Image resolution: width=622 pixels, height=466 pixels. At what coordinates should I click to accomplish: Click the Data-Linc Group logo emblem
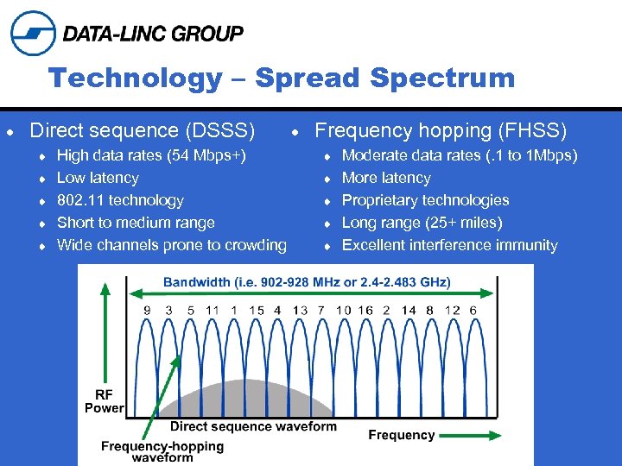33,34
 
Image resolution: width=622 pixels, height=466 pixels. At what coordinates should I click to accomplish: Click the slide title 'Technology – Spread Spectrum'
282,79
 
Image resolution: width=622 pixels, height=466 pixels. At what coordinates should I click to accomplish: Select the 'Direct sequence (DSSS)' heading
142,130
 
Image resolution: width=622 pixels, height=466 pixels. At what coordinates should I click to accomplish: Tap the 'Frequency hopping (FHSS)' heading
441,130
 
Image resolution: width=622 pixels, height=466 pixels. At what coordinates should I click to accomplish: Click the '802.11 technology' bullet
120,200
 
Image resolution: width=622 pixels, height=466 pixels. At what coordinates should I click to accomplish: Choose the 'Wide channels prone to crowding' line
171,245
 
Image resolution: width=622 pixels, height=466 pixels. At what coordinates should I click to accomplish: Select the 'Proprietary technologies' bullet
425,200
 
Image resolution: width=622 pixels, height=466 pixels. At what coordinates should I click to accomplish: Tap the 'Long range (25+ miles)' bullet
422,223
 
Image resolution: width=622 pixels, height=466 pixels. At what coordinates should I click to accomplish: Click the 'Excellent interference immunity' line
449,245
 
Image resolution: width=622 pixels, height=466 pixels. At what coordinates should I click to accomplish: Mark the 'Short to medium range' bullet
136,223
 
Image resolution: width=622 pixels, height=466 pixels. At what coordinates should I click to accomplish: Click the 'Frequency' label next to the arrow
401,435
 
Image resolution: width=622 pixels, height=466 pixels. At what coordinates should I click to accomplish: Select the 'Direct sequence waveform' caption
253,426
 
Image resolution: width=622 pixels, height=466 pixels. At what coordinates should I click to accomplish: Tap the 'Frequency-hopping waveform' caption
162,451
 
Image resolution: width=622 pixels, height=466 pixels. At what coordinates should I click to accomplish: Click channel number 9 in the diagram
147,311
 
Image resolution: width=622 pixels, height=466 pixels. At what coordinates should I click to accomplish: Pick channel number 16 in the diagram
365,311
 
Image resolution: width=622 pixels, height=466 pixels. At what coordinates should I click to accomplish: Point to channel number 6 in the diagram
473,311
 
